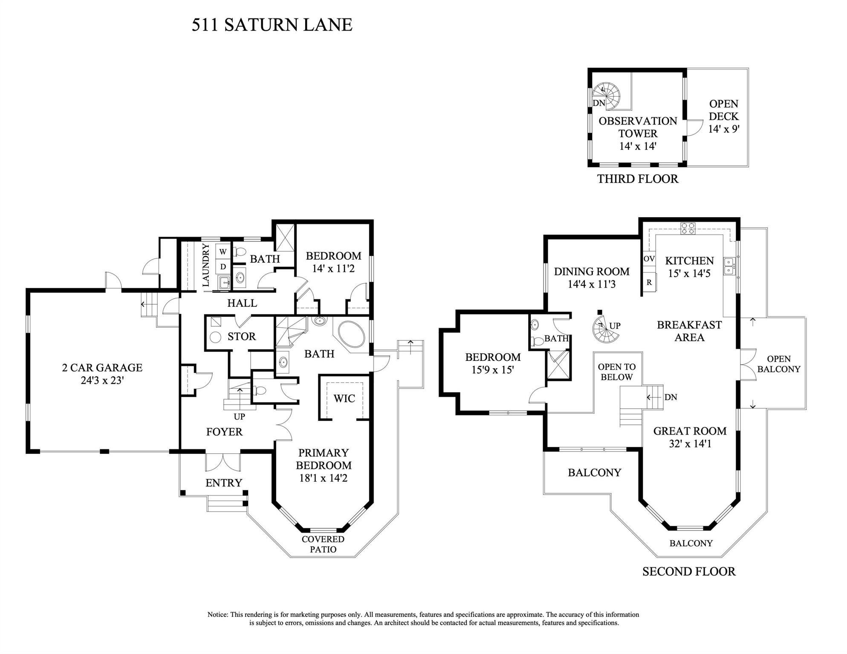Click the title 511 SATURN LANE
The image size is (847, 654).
click(x=272, y=25)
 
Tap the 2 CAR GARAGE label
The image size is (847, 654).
click(x=102, y=368)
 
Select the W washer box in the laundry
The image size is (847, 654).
click(x=223, y=252)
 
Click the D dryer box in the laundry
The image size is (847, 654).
click(x=223, y=267)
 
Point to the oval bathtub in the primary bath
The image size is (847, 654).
click(x=351, y=334)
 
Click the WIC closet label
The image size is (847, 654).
click(x=344, y=398)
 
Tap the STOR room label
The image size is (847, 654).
click(x=241, y=337)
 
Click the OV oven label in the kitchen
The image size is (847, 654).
click(x=649, y=259)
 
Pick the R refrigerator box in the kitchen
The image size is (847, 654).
click(x=649, y=282)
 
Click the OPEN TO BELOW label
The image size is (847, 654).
click(x=616, y=372)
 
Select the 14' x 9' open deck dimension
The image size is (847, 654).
click(x=723, y=129)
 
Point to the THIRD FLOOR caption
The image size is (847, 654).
click(x=637, y=179)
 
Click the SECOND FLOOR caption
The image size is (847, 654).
click(x=689, y=571)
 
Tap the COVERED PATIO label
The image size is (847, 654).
click(x=323, y=544)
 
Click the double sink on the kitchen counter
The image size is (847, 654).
click(x=728, y=266)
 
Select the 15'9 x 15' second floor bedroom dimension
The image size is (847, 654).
click(x=492, y=370)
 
